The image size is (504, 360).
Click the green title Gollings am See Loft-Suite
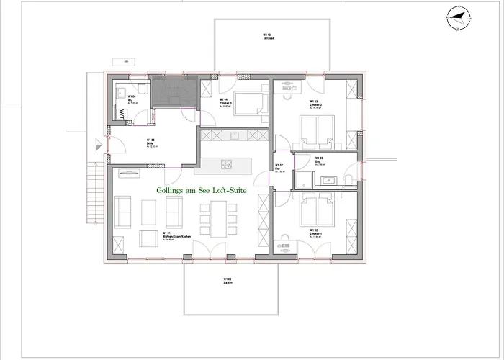pos(202,190)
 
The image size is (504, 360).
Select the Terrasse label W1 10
pos(267,36)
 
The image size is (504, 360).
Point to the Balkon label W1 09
pos(228,281)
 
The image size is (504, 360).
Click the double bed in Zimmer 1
pos(316,210)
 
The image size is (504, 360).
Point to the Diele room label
pos(150,143)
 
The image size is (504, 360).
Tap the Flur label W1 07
pos(279,167)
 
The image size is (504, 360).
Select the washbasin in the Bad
pos(332,180)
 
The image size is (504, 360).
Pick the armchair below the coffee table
pos(148,238)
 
